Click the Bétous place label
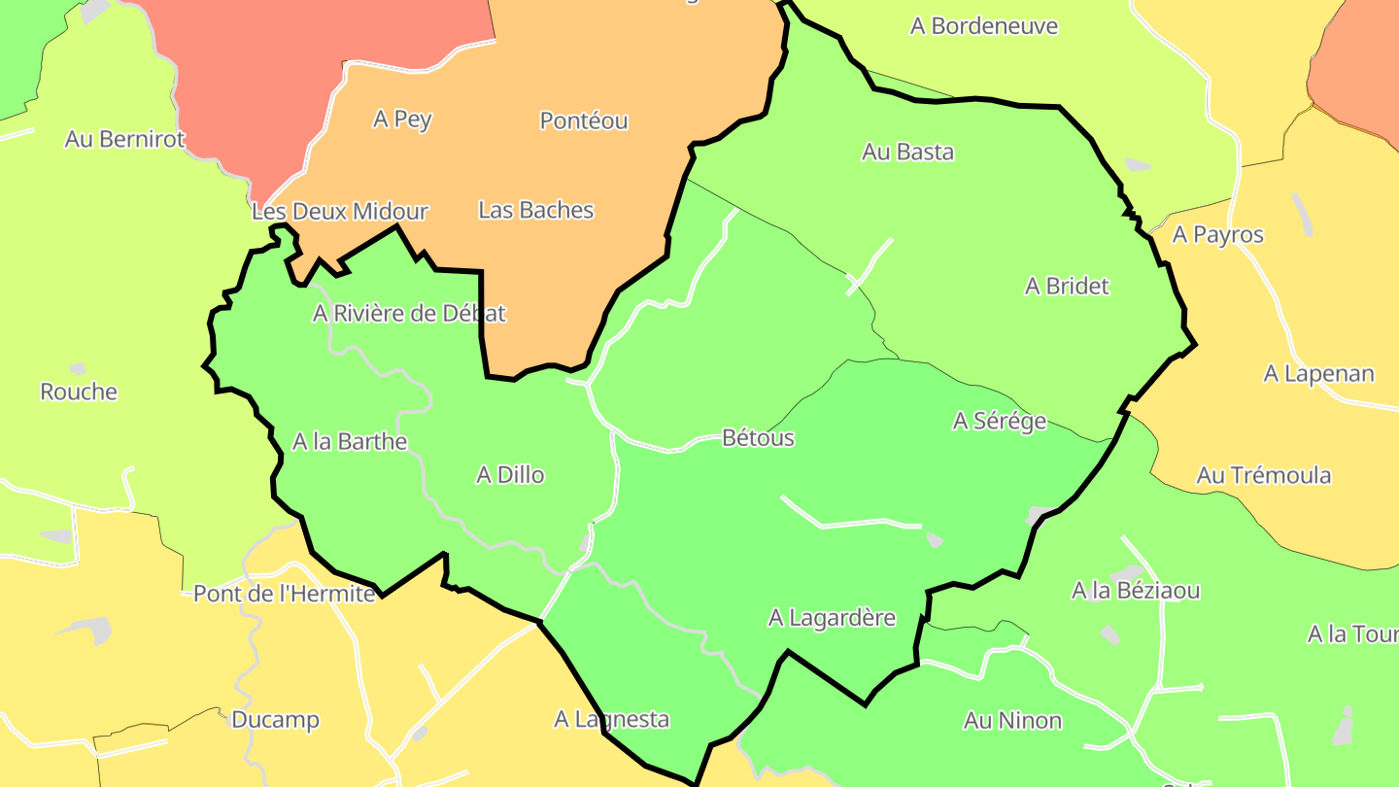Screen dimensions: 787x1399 point(758,438)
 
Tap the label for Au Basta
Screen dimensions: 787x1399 point(907,152)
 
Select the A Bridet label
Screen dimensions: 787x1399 point(1067,287)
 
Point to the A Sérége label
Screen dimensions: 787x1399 point(999,421)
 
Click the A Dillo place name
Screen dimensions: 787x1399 point(510,475)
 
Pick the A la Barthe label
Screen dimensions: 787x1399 point(350,441)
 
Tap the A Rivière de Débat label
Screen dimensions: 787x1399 point(409,314)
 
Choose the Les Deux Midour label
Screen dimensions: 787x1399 point(339,211)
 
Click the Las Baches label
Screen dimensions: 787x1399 point(535,210)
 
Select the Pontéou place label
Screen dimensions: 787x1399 point(584,121)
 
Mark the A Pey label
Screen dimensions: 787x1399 point(402,120)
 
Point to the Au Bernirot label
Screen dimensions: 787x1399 point(124,139)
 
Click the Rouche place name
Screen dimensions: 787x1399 point(79,393)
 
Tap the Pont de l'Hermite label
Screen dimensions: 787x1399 point(285,594)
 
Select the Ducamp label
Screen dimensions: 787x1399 point(275,720)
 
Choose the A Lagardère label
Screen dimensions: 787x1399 point(832,618)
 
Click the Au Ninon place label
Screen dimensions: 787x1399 point(1012,721)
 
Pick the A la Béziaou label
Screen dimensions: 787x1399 point(1135,591)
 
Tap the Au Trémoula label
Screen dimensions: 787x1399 point(1263,476)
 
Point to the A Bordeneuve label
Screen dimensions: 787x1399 point(983,26)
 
